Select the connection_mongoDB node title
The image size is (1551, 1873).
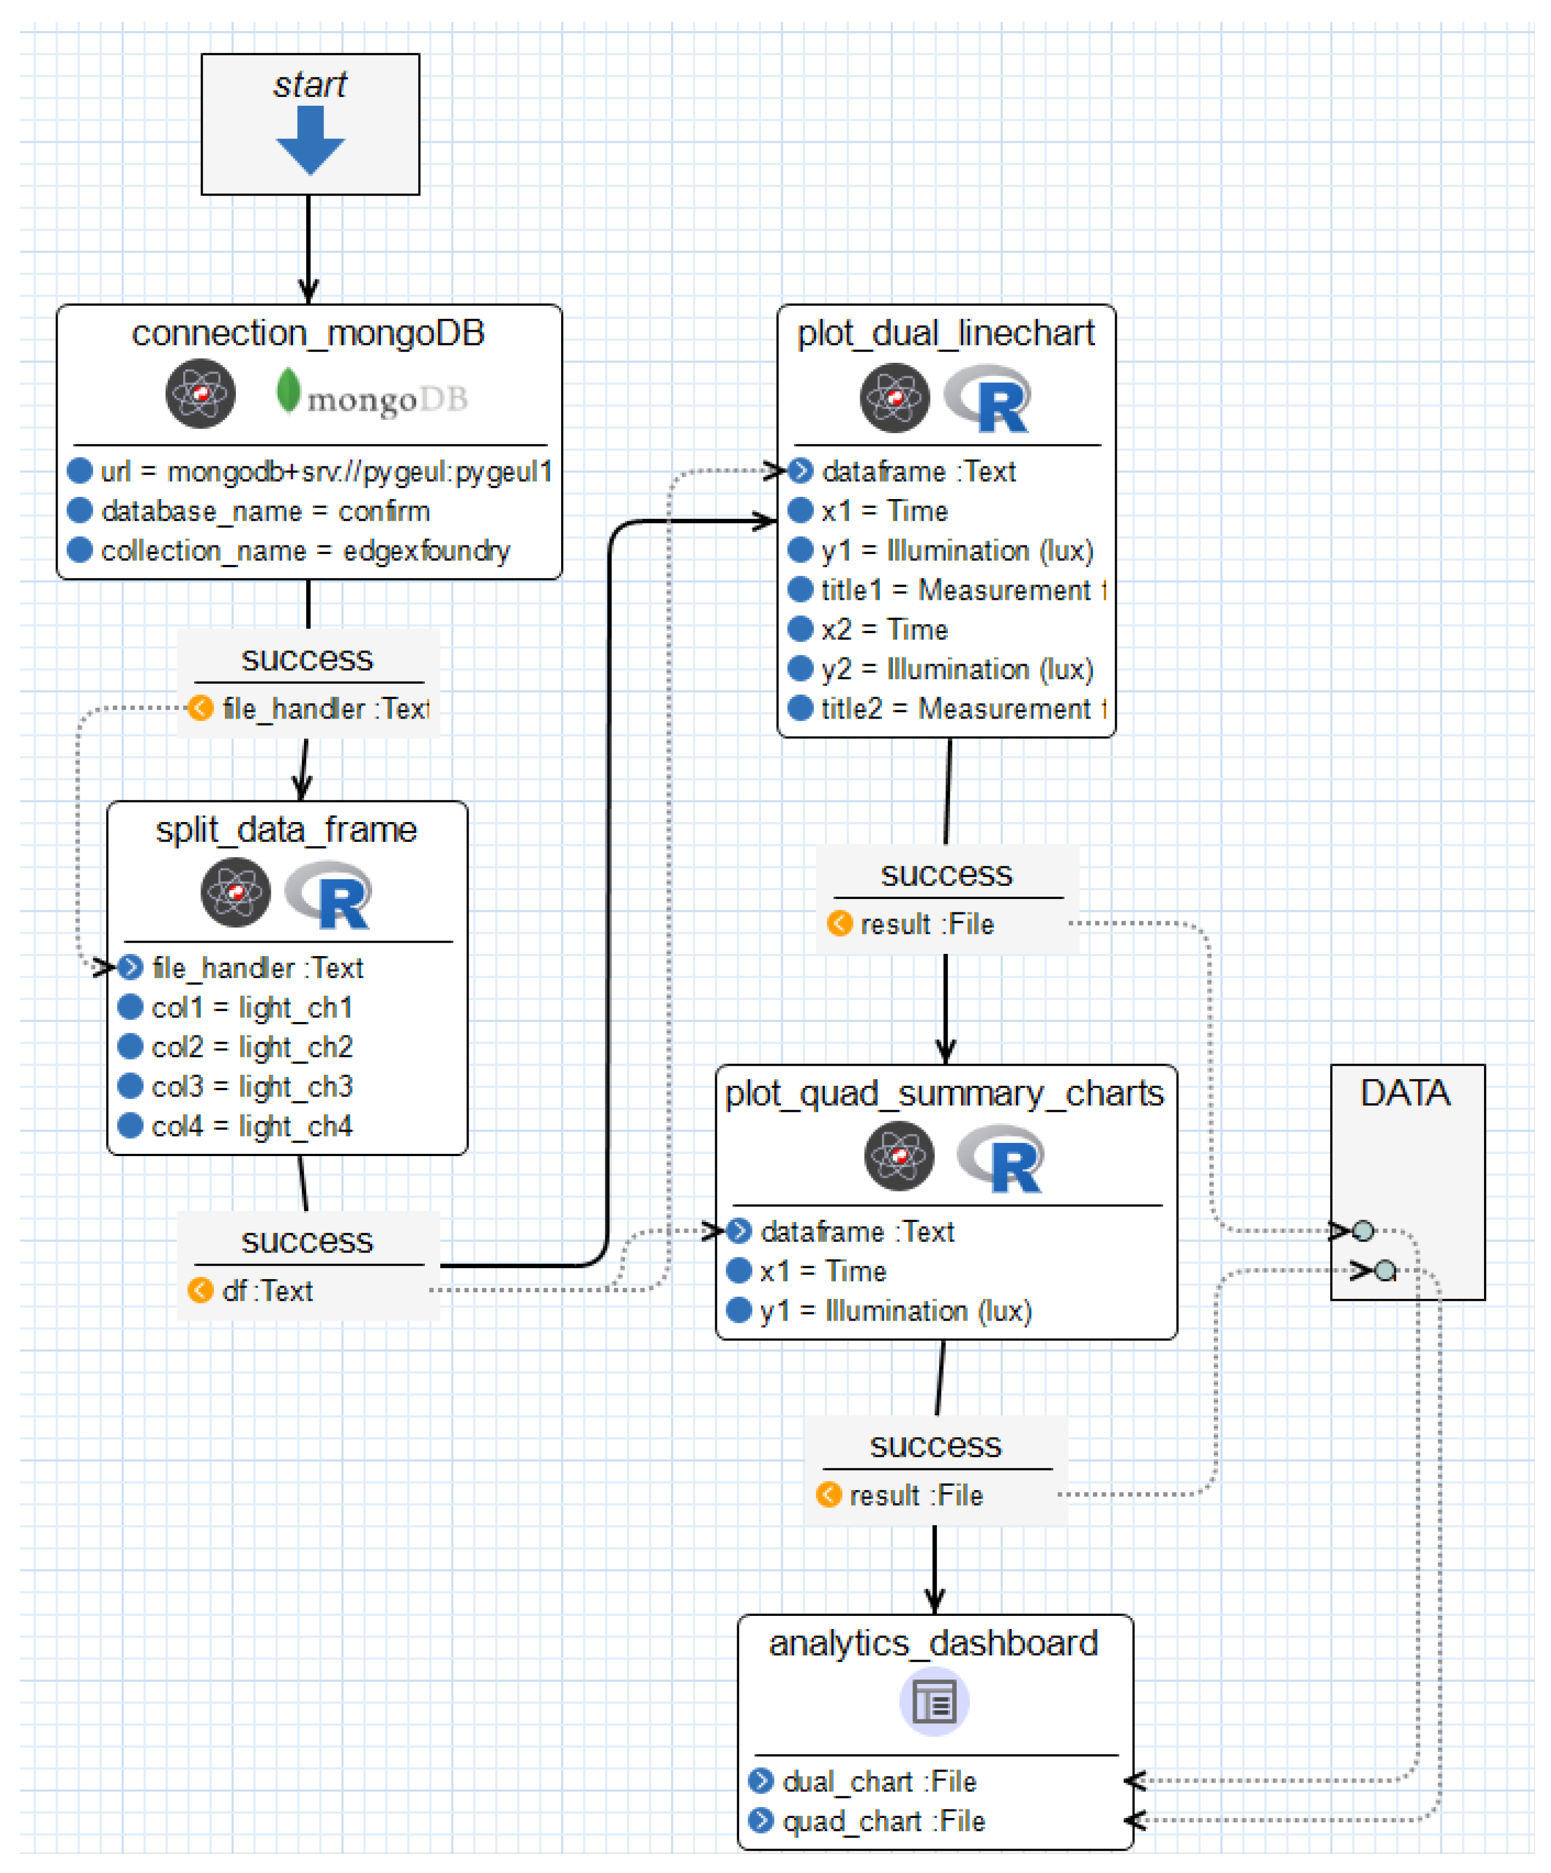(308, 333)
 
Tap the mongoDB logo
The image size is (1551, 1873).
(372, 395)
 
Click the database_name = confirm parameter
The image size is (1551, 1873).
(265, 511)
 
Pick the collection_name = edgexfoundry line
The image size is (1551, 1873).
(305, 550)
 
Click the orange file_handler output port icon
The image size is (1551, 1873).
(200, 708)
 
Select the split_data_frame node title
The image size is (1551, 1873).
(287, 830)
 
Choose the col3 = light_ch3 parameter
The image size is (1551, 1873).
(252, 1086)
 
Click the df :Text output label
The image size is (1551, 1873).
(267, 1291)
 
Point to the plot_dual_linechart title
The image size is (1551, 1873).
(945, 333)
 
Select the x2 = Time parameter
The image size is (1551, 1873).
(884, 630)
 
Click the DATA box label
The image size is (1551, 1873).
(1405, 1093)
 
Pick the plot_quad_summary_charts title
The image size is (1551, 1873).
(944, 1093)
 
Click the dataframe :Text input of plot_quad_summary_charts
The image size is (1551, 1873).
(856, 1232)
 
